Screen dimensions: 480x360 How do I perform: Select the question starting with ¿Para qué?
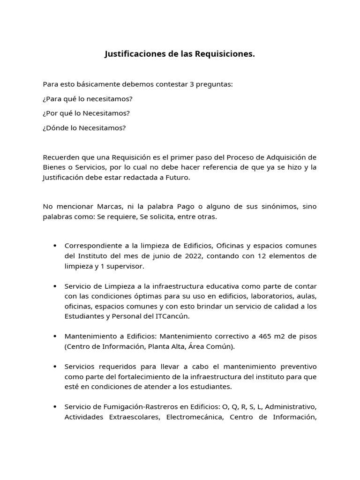click(x=88, y=99)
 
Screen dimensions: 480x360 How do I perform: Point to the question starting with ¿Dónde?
click(x=84, y=128)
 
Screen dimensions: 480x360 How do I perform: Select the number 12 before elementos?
click(x=246, y=256)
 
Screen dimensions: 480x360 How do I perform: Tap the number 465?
click(x=255, y=337)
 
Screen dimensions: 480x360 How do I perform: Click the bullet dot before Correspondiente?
click(x=55, y=246)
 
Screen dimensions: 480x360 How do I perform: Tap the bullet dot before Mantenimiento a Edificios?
click(x=55, y=337)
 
